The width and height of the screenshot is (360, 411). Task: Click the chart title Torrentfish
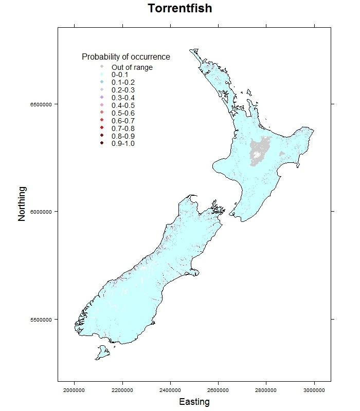click(x=179, y=9)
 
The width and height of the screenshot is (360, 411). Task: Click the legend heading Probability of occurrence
click(x=126, y=57)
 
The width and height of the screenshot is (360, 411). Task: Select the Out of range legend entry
click(x=132, y=67)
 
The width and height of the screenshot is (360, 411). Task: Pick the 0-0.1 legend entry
click(x=120, y=75)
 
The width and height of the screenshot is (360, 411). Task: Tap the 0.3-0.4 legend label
click(x=123, y=98)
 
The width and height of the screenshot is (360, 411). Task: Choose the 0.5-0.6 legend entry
click(x=123, y=113)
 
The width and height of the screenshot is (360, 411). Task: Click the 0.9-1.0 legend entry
click(x=123, y=143)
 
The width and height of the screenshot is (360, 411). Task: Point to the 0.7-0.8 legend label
click(x=123, y=128)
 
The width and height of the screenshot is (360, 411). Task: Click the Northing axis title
click(x=22, y=204)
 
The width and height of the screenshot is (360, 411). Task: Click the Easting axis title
click(x=194, y=402)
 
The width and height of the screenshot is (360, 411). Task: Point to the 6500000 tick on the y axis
click(x=40, y=104)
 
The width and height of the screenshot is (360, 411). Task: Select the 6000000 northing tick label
click(x=40, y=212)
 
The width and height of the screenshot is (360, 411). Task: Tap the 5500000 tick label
click(x=40, y=319)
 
